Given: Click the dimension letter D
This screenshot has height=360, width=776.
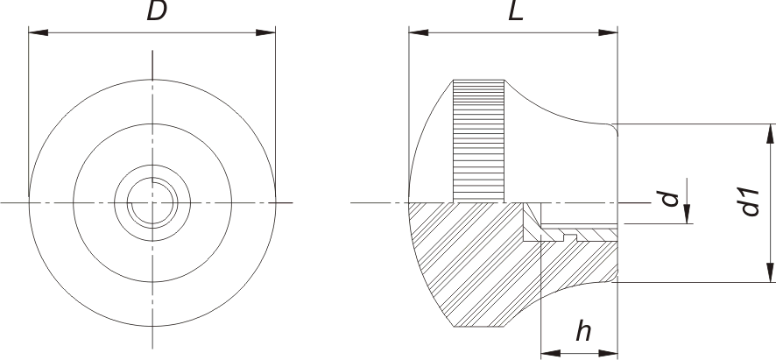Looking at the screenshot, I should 157,13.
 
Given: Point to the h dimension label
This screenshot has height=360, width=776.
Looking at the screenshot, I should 582,333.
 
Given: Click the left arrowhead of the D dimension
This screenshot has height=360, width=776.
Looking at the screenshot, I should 35,33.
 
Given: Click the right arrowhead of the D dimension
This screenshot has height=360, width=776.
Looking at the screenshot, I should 270,33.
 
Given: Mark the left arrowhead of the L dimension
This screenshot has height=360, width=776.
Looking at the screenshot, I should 416,33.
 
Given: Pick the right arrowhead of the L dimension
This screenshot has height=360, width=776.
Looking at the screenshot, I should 612,33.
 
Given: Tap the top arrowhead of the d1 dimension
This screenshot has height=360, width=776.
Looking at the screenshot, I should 770,131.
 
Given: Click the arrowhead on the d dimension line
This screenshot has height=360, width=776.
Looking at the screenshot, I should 688,216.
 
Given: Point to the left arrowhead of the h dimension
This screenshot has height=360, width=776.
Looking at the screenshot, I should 547,353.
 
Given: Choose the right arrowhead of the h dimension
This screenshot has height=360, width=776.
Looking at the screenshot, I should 613,353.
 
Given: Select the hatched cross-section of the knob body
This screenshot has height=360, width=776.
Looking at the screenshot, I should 464,263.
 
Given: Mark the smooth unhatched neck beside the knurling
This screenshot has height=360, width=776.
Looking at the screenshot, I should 561,149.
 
